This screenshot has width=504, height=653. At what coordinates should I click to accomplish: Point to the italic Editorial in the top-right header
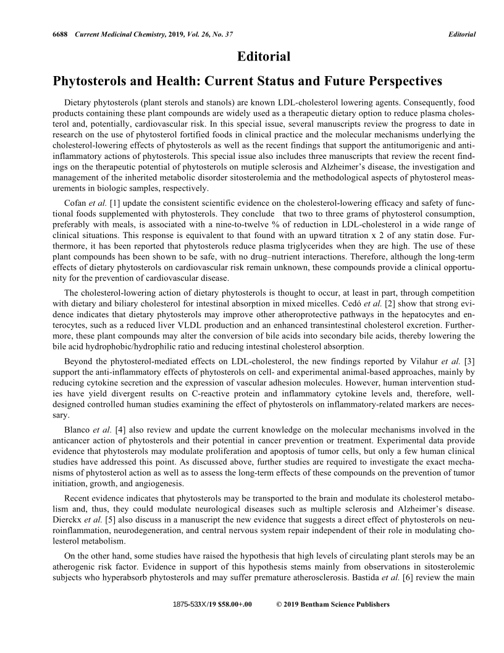(x=462, y=33)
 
